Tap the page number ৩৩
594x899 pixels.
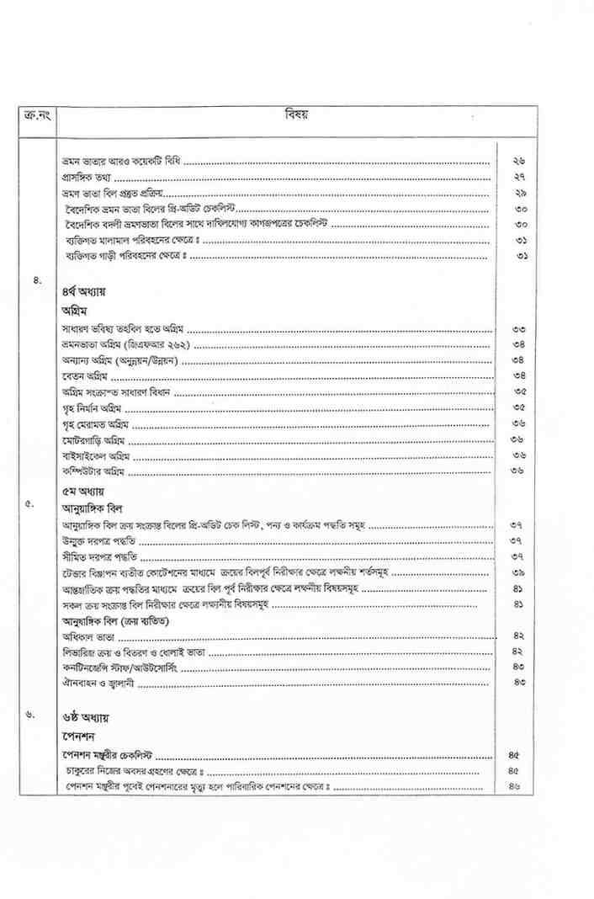click(518, 328)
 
